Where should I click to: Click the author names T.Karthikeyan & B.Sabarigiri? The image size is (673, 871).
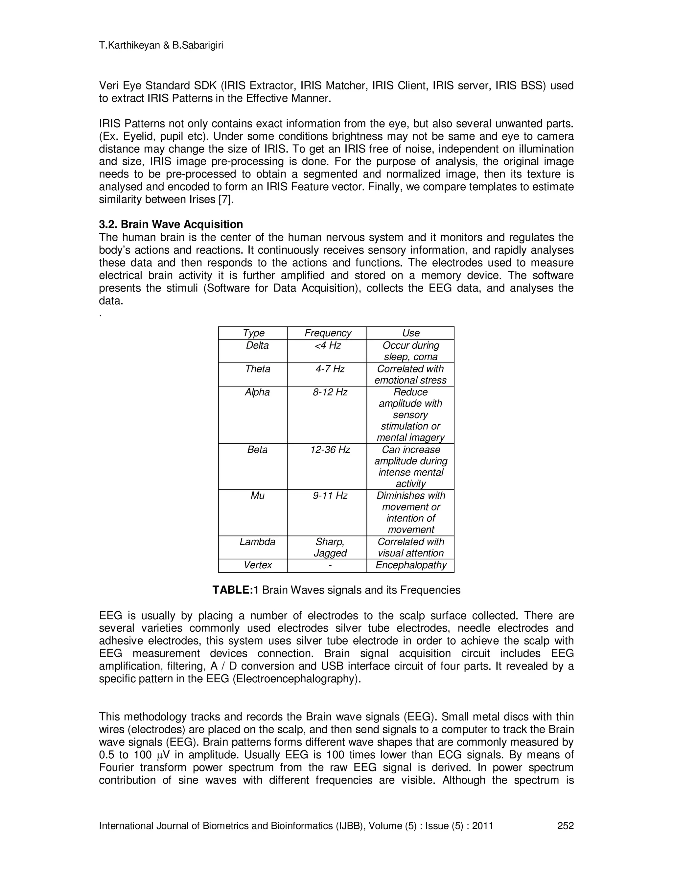coord(161,45)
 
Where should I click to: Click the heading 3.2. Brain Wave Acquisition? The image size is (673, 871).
coord(171,224)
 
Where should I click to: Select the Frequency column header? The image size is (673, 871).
coord(328,333)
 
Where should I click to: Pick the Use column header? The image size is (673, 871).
coord(411,333)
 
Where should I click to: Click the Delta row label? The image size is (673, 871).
coord(257,345)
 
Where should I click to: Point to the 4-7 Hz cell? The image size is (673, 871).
coord(330,369)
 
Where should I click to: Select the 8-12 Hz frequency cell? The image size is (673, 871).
coord(330,392)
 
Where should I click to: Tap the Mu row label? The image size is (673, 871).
coord(257,495)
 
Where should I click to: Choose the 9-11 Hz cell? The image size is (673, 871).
coord(330,495)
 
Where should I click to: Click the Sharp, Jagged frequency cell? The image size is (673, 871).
coord(330,547)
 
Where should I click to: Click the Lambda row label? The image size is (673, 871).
coord(257,542)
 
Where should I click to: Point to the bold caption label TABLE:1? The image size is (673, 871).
coord(236,590)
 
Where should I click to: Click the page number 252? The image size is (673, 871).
coord(565,826)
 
